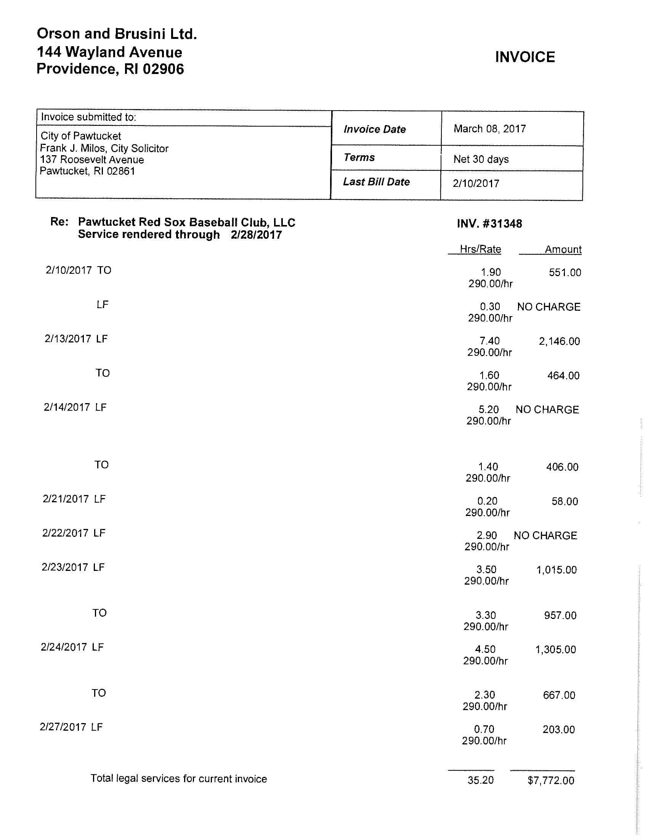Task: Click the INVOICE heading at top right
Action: pyautogui.click(x=525, y=57)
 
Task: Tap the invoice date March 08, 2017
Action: pyautogui.click(x=489, y=129)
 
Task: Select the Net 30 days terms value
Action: pyautogui.click(x=481, y=159)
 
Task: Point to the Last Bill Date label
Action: pyautogui.click(x=376, y=182)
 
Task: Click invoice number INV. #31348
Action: pyautogui.click(x=489, y=223)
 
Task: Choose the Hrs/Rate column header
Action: pyautogui.click(x=480, y=249)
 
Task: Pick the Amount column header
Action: pyautogui.click(x=563, y=249)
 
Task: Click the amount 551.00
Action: pyautogui.click(x=565, y=273)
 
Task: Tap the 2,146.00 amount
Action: pyautogui.click(x=559, y=341)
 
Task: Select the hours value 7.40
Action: pyautogui.click(x=489, y=341)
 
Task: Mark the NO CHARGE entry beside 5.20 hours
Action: pyautogui.click(x=547, y=410)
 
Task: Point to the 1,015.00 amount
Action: pyautogui.click(x=556, y=570)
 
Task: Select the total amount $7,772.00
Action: pyautogui.click(x=551, y=781)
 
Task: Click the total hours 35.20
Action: pyautogui.click(x=480, y=780)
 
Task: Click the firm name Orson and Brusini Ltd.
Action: pyautogui.click(x=117, y=34)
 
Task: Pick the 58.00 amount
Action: pyautogui.click(x=564, y=501)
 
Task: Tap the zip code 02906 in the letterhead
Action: pyautogui.click(x=163, y=69)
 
